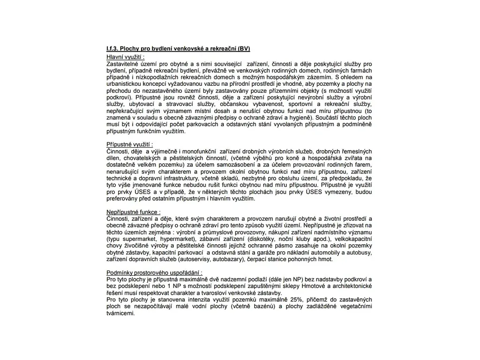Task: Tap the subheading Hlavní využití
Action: [x=125, y=56]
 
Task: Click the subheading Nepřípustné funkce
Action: [x=133, y=212]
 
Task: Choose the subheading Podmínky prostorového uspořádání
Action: [x=154, y=272]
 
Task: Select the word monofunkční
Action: [x=195, y=151]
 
